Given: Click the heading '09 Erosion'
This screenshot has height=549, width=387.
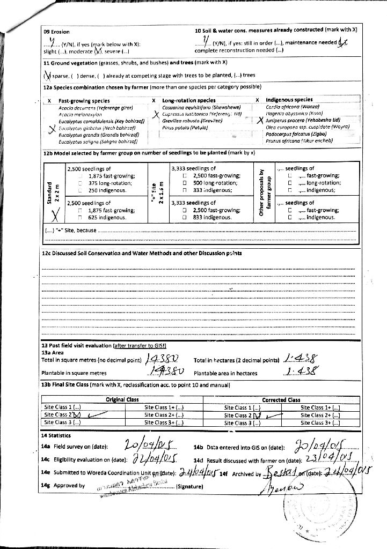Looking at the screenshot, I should pyautogui.click(x=56, y=32).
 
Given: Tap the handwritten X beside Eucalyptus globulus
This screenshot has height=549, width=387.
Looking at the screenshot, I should pyautogui.click(x=52, y=129).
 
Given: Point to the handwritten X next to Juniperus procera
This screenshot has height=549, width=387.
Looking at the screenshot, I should pyautogui.click(x=259, y=121).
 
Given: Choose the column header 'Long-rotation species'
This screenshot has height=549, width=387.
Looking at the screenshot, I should pyautogui.click(x=188, y=100).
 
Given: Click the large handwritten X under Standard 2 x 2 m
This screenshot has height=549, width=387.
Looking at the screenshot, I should pyautogui.click(x=54, y=216).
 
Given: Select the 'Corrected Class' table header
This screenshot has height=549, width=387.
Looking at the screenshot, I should pyautogui.click(x=281, y=399).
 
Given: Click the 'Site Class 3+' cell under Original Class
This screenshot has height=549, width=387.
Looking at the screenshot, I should pyautogui.click(x=164, y=422).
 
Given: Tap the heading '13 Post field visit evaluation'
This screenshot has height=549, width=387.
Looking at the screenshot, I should pyautogui.click(x=77, y=346).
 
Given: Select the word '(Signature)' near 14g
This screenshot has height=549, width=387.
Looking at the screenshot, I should pyautogui.click(x=189, y=487).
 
